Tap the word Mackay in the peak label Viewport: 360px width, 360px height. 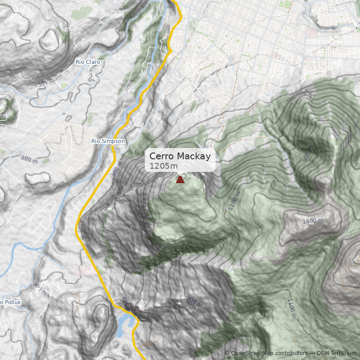coord(193,157)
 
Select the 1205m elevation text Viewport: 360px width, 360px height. coord(163,166)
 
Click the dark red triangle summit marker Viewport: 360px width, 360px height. coord(180,180)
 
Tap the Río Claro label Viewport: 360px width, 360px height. coord(88,62)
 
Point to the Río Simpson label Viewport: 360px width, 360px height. coord(108,141)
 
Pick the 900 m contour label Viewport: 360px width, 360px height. coord(307,154)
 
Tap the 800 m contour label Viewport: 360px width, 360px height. coord(194,301)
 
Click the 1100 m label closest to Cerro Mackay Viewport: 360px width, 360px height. coord(234,201)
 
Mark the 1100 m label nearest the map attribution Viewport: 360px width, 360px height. coord(291,309)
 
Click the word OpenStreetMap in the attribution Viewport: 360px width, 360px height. coord(253,354)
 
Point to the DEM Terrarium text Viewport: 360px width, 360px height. coord(337,354)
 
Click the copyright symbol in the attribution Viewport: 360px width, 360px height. coord(227,354)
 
